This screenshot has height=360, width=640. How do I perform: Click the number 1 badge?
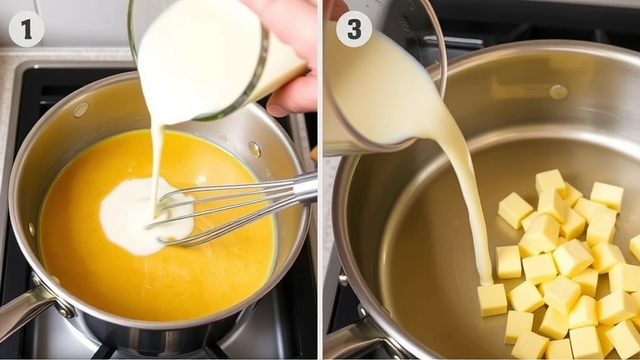26,29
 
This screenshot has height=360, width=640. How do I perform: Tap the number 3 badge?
354,29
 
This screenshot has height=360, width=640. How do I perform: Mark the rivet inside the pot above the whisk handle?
254,149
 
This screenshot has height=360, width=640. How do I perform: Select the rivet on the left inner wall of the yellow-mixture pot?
81,110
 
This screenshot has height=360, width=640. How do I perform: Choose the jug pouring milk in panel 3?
375,87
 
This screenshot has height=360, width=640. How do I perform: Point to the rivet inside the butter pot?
558,92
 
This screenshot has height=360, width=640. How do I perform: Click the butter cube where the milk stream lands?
492,299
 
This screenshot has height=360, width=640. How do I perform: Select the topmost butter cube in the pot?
550,181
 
